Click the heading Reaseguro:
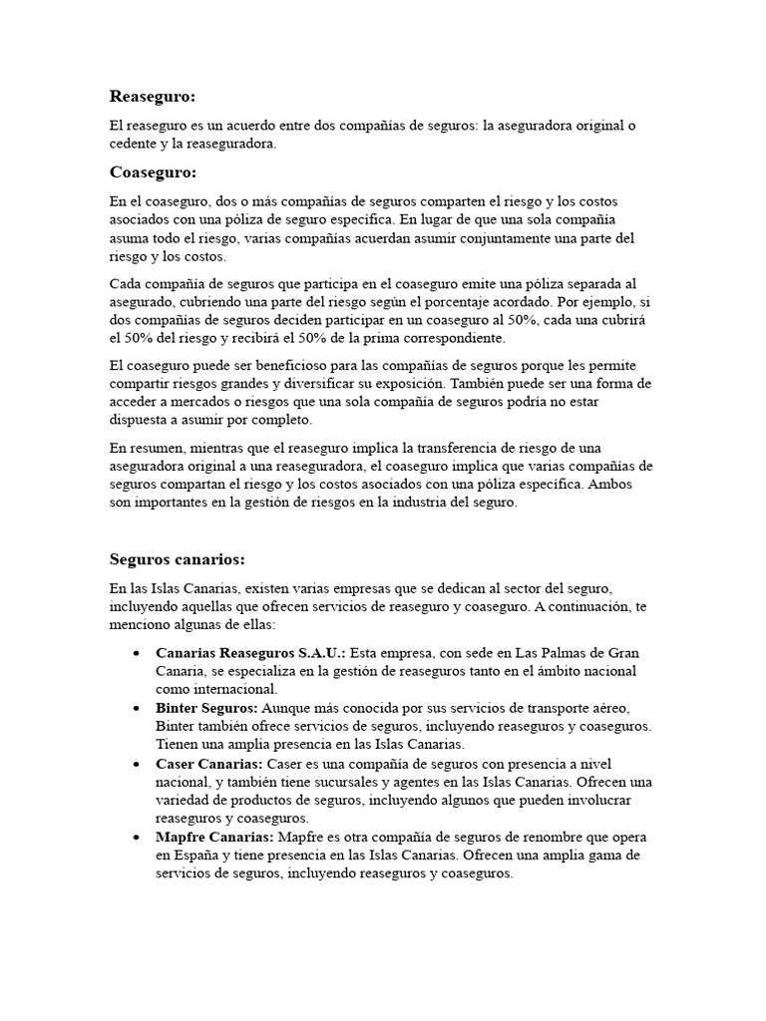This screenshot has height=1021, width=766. tap(153, 96)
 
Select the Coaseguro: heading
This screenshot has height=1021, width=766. tap(153, 172)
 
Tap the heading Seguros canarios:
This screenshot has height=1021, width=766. tap(177, 558)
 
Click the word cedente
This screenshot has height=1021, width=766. tap(135, 144)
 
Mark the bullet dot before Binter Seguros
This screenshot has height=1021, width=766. tap(135, 708)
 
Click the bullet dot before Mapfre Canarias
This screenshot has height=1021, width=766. tap(135, 838)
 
